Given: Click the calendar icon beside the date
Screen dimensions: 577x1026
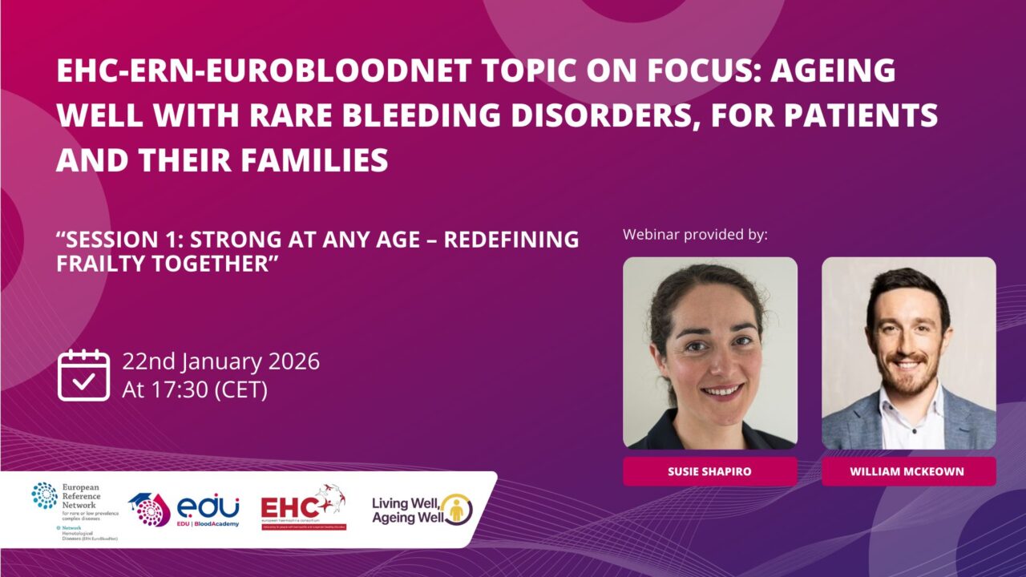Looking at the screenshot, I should [x=83, y=374].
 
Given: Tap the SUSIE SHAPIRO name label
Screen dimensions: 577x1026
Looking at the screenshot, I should [x=709, y=471].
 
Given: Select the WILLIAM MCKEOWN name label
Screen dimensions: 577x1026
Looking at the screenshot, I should [x=908, y=471].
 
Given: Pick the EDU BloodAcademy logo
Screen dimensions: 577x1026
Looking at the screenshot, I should [x=185, y=510].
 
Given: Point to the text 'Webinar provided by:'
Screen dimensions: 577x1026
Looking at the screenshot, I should [x=695, y=235].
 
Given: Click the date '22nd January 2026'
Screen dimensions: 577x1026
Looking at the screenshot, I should [x=220, y=361].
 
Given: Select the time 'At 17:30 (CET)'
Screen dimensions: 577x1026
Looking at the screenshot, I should [x=195, y=390].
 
